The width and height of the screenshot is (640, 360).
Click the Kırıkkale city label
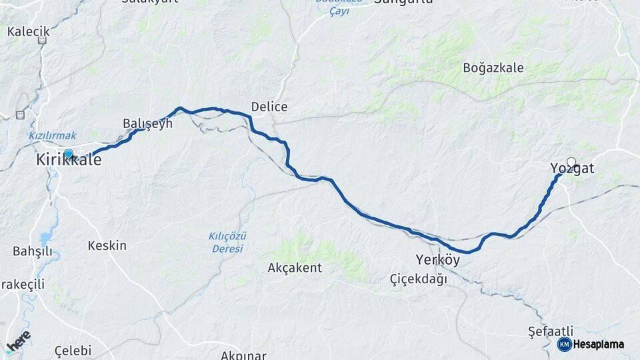pos(69,161)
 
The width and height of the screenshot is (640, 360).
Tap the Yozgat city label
pos(572,169)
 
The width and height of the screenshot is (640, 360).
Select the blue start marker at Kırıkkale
pos(68,153)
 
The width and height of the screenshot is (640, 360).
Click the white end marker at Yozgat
pos(571,161)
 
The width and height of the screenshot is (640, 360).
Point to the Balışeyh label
pos(147,123)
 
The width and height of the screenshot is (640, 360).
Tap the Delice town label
pos(269,107)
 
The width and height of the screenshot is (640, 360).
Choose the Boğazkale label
pos(493,68)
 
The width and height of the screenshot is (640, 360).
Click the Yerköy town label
pos(437,260)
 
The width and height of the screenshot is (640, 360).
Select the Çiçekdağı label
pos(419,279)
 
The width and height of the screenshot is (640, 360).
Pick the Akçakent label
pos(294,268)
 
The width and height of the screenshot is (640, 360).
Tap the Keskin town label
pos(107,246)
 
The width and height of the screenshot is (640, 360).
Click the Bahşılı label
pos(32,251)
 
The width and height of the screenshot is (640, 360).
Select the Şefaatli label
pos(550,331)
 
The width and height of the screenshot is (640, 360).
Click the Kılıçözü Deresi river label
pos(227,243)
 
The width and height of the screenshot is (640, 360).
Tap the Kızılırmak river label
pos(52,135)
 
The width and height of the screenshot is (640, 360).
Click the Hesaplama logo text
pos(599,345)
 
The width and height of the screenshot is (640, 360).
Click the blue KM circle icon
pos(564,344)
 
